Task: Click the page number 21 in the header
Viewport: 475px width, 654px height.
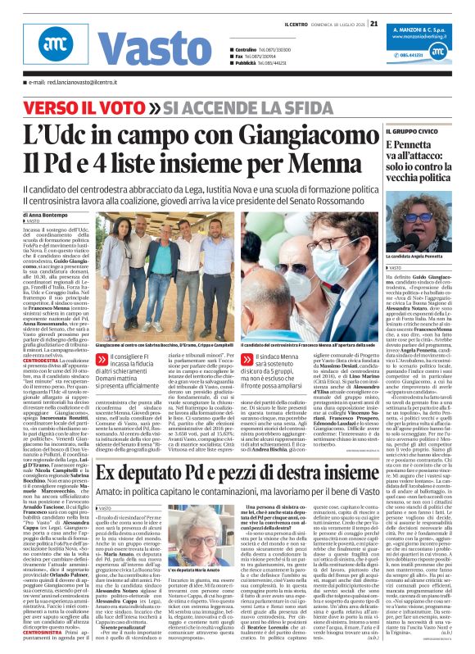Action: click(374, 23)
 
